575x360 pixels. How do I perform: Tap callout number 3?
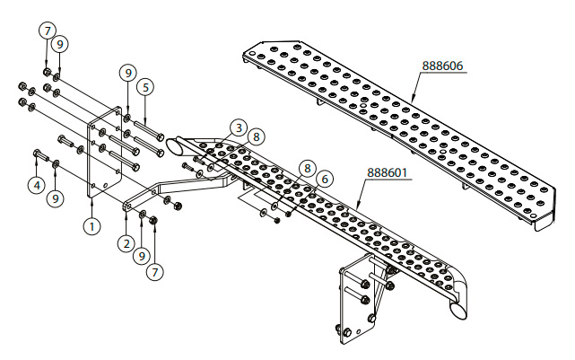point(237,127)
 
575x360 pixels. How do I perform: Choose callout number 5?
point(147,87)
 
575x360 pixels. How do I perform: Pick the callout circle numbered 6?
point(325,179)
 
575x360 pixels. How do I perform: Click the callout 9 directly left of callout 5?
point(127,71)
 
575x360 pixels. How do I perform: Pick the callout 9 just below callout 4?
point(57,197)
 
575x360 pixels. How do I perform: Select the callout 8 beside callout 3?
point(257,136)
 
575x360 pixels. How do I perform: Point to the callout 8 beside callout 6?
point(308,168)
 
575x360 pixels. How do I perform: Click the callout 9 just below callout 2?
point(140,256)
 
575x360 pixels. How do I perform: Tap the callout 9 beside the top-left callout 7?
point(59,42)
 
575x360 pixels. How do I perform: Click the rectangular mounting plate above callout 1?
point(106,153)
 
